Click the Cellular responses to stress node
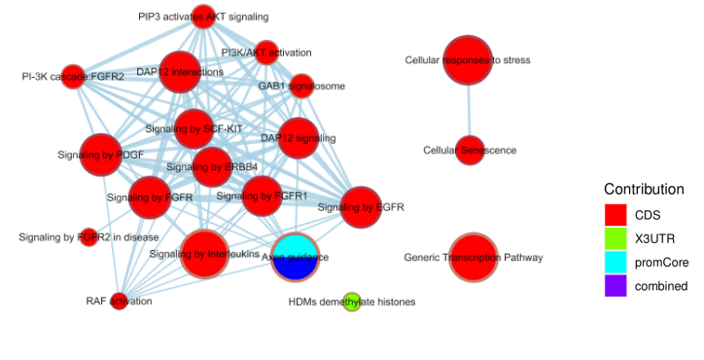point(468,60)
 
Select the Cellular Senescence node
point(469,150)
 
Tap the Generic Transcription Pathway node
point(474,258)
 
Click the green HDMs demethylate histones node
point(352,302)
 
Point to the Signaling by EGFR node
point(361,207)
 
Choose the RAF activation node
point(119,301)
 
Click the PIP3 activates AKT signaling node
point(203,17)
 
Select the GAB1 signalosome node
point(301,86)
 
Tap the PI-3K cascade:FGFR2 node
point(73,76)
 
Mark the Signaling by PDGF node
point(101,155)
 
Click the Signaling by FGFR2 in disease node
point(88,236)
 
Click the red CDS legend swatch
point(616,215)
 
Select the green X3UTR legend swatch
point(616,238)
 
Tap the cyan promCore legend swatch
point(616,262)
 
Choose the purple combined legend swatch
point(616,285)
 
